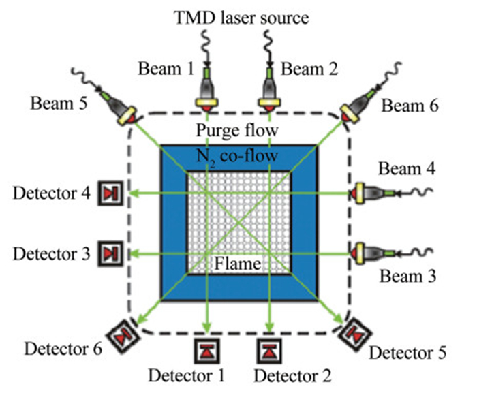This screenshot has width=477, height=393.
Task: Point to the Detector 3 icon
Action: (110, 253)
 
